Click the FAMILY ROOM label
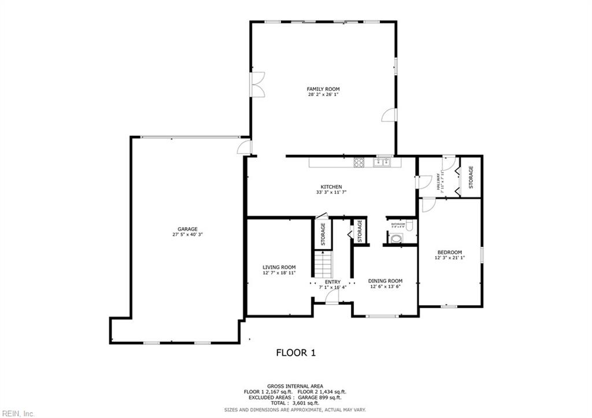coord(323,89)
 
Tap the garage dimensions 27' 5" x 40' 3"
coord(187,234)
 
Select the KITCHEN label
coord(331,187)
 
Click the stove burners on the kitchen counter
coord(359,162)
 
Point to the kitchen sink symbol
coord(382,162)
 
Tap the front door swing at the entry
coord(331,297)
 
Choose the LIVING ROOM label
coord(279,267)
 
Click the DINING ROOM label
coord(385,281)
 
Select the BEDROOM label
coord(449,252)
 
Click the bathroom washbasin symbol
coord(397,238)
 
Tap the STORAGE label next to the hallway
coord(471,177)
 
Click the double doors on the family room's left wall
coord(257,85)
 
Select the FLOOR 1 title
coord(295,352)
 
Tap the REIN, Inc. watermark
coord(18,413)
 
